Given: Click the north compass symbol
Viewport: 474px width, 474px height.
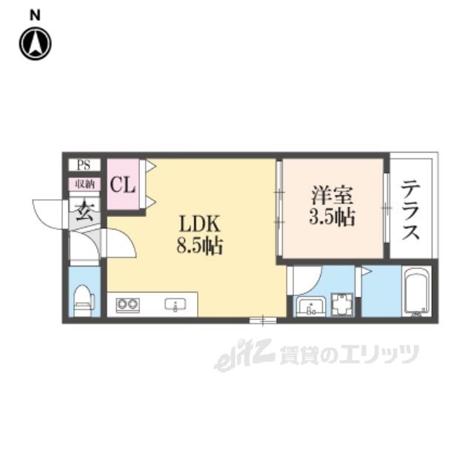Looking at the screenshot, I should coord(35,44).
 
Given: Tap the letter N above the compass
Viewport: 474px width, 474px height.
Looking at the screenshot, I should coord(35,13).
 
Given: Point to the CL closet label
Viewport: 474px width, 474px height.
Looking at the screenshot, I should coord(122,184).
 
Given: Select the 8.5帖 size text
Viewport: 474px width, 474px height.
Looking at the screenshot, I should coord(199,247).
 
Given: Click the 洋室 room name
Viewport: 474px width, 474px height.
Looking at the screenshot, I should coord(330,197).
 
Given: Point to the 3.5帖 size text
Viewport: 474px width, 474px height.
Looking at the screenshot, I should coord(331,218).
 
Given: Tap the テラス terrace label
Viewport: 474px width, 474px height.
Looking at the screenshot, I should coord(411,211).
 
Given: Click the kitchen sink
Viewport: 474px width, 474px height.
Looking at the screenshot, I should coord(176,304).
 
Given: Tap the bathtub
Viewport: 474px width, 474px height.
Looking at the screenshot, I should coord(416,293).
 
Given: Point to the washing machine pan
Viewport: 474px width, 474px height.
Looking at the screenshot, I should coord(342,304).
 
